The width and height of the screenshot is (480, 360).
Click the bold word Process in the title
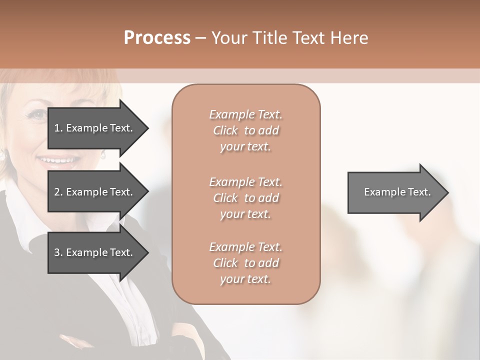(x=157, y=38)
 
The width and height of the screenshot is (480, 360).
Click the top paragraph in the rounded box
(x=246, y=130)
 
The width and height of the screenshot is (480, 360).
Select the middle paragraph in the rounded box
(x=246, y=197)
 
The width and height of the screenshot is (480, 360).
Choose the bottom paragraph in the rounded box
(x=246, y=263)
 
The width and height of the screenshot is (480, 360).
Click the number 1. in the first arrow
(x=58, y=128)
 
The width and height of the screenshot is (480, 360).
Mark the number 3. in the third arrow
(x=58, y=252)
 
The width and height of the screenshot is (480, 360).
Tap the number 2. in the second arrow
(x=58, y=192)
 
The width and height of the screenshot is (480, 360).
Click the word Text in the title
(x=310, y=38)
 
